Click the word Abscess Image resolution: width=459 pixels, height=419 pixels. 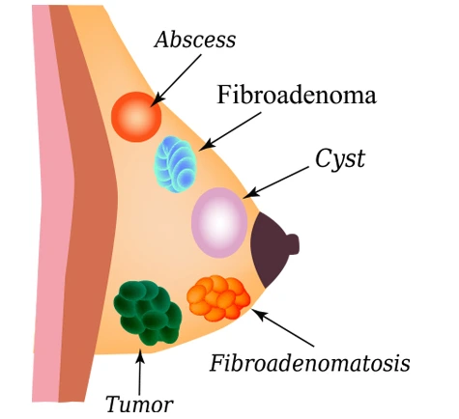[x=195, y=40]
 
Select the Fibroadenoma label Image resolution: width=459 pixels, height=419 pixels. [x=297, y=95]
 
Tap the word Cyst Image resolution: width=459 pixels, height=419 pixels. [x=340, y=158]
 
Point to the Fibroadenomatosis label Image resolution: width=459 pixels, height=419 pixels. [x=310, y=363]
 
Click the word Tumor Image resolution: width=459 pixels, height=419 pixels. [x=139, y=404]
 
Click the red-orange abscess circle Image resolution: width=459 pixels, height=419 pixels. [x=136, y=117]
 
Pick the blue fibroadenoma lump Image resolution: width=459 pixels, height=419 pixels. [x=176, y=164]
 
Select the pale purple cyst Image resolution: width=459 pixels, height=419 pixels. [x=219, y=222]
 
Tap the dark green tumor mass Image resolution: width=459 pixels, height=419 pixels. [x=148, y=313]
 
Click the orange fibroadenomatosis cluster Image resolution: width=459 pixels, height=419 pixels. [x=218, y=297]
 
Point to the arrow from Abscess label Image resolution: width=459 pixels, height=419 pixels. [x=176, y=80]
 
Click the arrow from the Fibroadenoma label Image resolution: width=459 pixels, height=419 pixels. [x=230, y=131]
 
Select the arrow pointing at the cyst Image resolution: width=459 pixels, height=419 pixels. [x=275, y=182]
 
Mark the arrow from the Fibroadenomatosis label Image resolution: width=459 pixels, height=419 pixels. [x=282, y=327]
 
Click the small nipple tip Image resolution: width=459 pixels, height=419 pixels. [x=294, y=244]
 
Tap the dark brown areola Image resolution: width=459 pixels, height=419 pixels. [x=269, y=249]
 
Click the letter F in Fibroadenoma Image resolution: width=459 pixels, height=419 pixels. [x=224, y=95]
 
